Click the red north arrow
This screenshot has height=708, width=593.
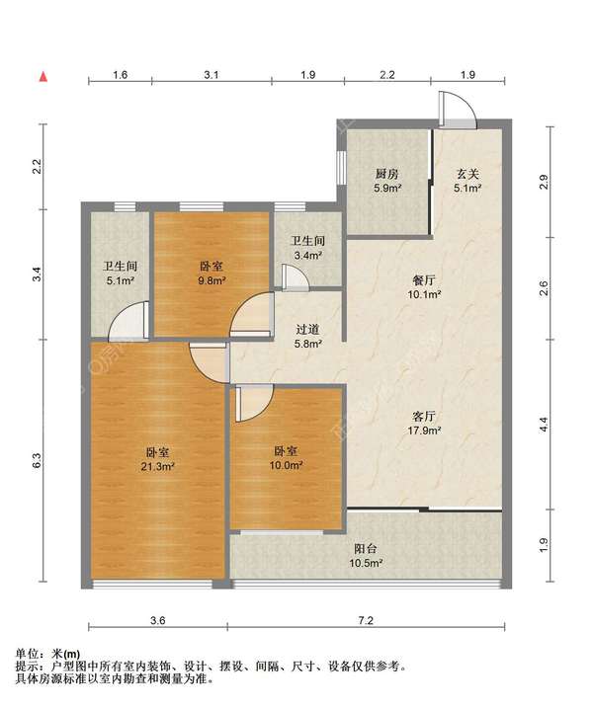point(43,77)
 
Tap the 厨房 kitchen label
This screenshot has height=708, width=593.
point(386,174)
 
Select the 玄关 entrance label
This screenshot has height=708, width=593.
point(466,174)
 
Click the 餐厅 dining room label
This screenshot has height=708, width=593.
point(424,280)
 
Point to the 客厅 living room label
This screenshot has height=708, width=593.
point(424,416)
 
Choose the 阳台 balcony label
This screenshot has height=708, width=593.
point(366,549)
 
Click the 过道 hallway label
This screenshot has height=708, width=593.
point(307,330)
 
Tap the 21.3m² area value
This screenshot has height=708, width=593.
point(158,466)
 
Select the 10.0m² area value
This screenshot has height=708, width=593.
point(286,465)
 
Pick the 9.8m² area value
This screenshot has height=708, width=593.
point(212,280)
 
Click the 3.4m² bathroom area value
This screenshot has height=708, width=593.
point(307,256)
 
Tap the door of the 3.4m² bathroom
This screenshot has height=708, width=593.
point(294,276)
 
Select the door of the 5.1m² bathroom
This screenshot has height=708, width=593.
point(128,321)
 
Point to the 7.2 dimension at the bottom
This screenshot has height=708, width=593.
point(366,621)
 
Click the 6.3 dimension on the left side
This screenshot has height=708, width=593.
point(38,460)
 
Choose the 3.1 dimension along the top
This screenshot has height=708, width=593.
point(212,74)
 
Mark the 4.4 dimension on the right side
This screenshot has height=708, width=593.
point(544,425)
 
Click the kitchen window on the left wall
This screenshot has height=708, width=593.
point(341,168)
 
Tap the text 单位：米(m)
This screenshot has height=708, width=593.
point(47,654)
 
